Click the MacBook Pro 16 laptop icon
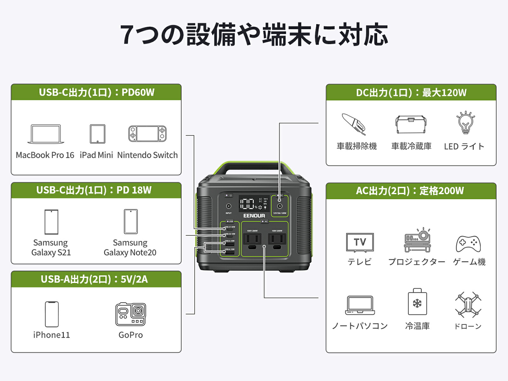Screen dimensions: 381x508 click(x=46, y=134)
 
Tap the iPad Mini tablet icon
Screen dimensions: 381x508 click(x=97, y=134)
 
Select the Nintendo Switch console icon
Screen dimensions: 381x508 click(x=147, y=134)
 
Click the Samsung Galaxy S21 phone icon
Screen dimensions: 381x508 click(x=51, y=222)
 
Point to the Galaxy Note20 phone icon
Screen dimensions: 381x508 click(x=131, y=221)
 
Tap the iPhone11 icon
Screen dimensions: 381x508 click(x=52, y=314)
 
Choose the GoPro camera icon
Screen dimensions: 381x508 click(x=130, y=314)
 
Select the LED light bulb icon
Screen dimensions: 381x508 click(x=465, y=122)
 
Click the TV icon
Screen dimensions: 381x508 click(x=360, y=242)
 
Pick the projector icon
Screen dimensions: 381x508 click(x=417, y=240)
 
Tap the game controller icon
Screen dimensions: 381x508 click(x=468, y=244)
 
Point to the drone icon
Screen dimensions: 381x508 click(x=468, y=305)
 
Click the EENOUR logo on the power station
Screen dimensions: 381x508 click(x=254, y=216)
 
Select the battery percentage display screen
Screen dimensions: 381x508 click(x=254, y=203)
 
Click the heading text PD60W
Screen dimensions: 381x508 click(x=138, y=92)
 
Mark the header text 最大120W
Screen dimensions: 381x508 click(x=444, y=93)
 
